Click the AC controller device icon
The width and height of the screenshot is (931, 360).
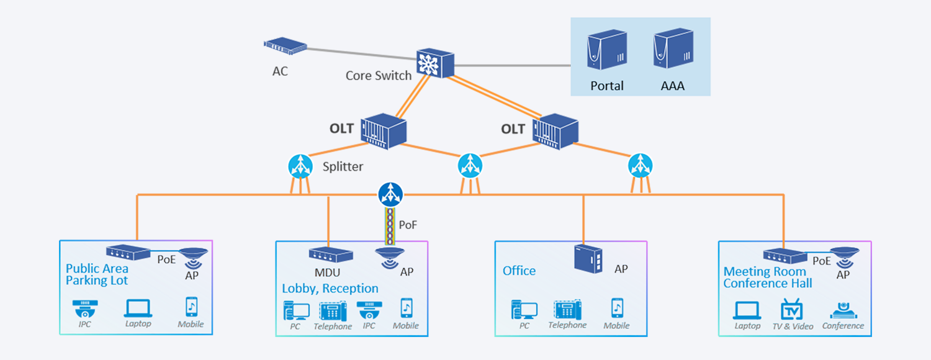pos(286,45)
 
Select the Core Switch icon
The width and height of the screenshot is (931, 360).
pos(435,62)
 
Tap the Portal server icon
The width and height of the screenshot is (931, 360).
pos(607,51)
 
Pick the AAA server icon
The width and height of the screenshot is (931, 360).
pos(673,51)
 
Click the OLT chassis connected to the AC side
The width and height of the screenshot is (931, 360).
pos(384,131)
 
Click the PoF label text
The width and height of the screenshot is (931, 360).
pos(408,225)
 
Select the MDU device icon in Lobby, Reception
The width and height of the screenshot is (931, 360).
pos(331,255)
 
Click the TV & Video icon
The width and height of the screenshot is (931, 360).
pos(792,309)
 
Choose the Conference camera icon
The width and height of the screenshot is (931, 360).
pos(843,310)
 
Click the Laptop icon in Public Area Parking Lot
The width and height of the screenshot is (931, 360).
pos(138,308)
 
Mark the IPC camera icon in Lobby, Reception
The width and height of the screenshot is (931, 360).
pos(369,310)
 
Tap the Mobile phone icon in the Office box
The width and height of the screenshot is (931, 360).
pos(617,308)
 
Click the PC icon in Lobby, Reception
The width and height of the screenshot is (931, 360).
pos(296,310)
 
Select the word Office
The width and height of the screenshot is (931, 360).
pos(519,271)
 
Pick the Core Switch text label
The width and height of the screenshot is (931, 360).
pos(378,76)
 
